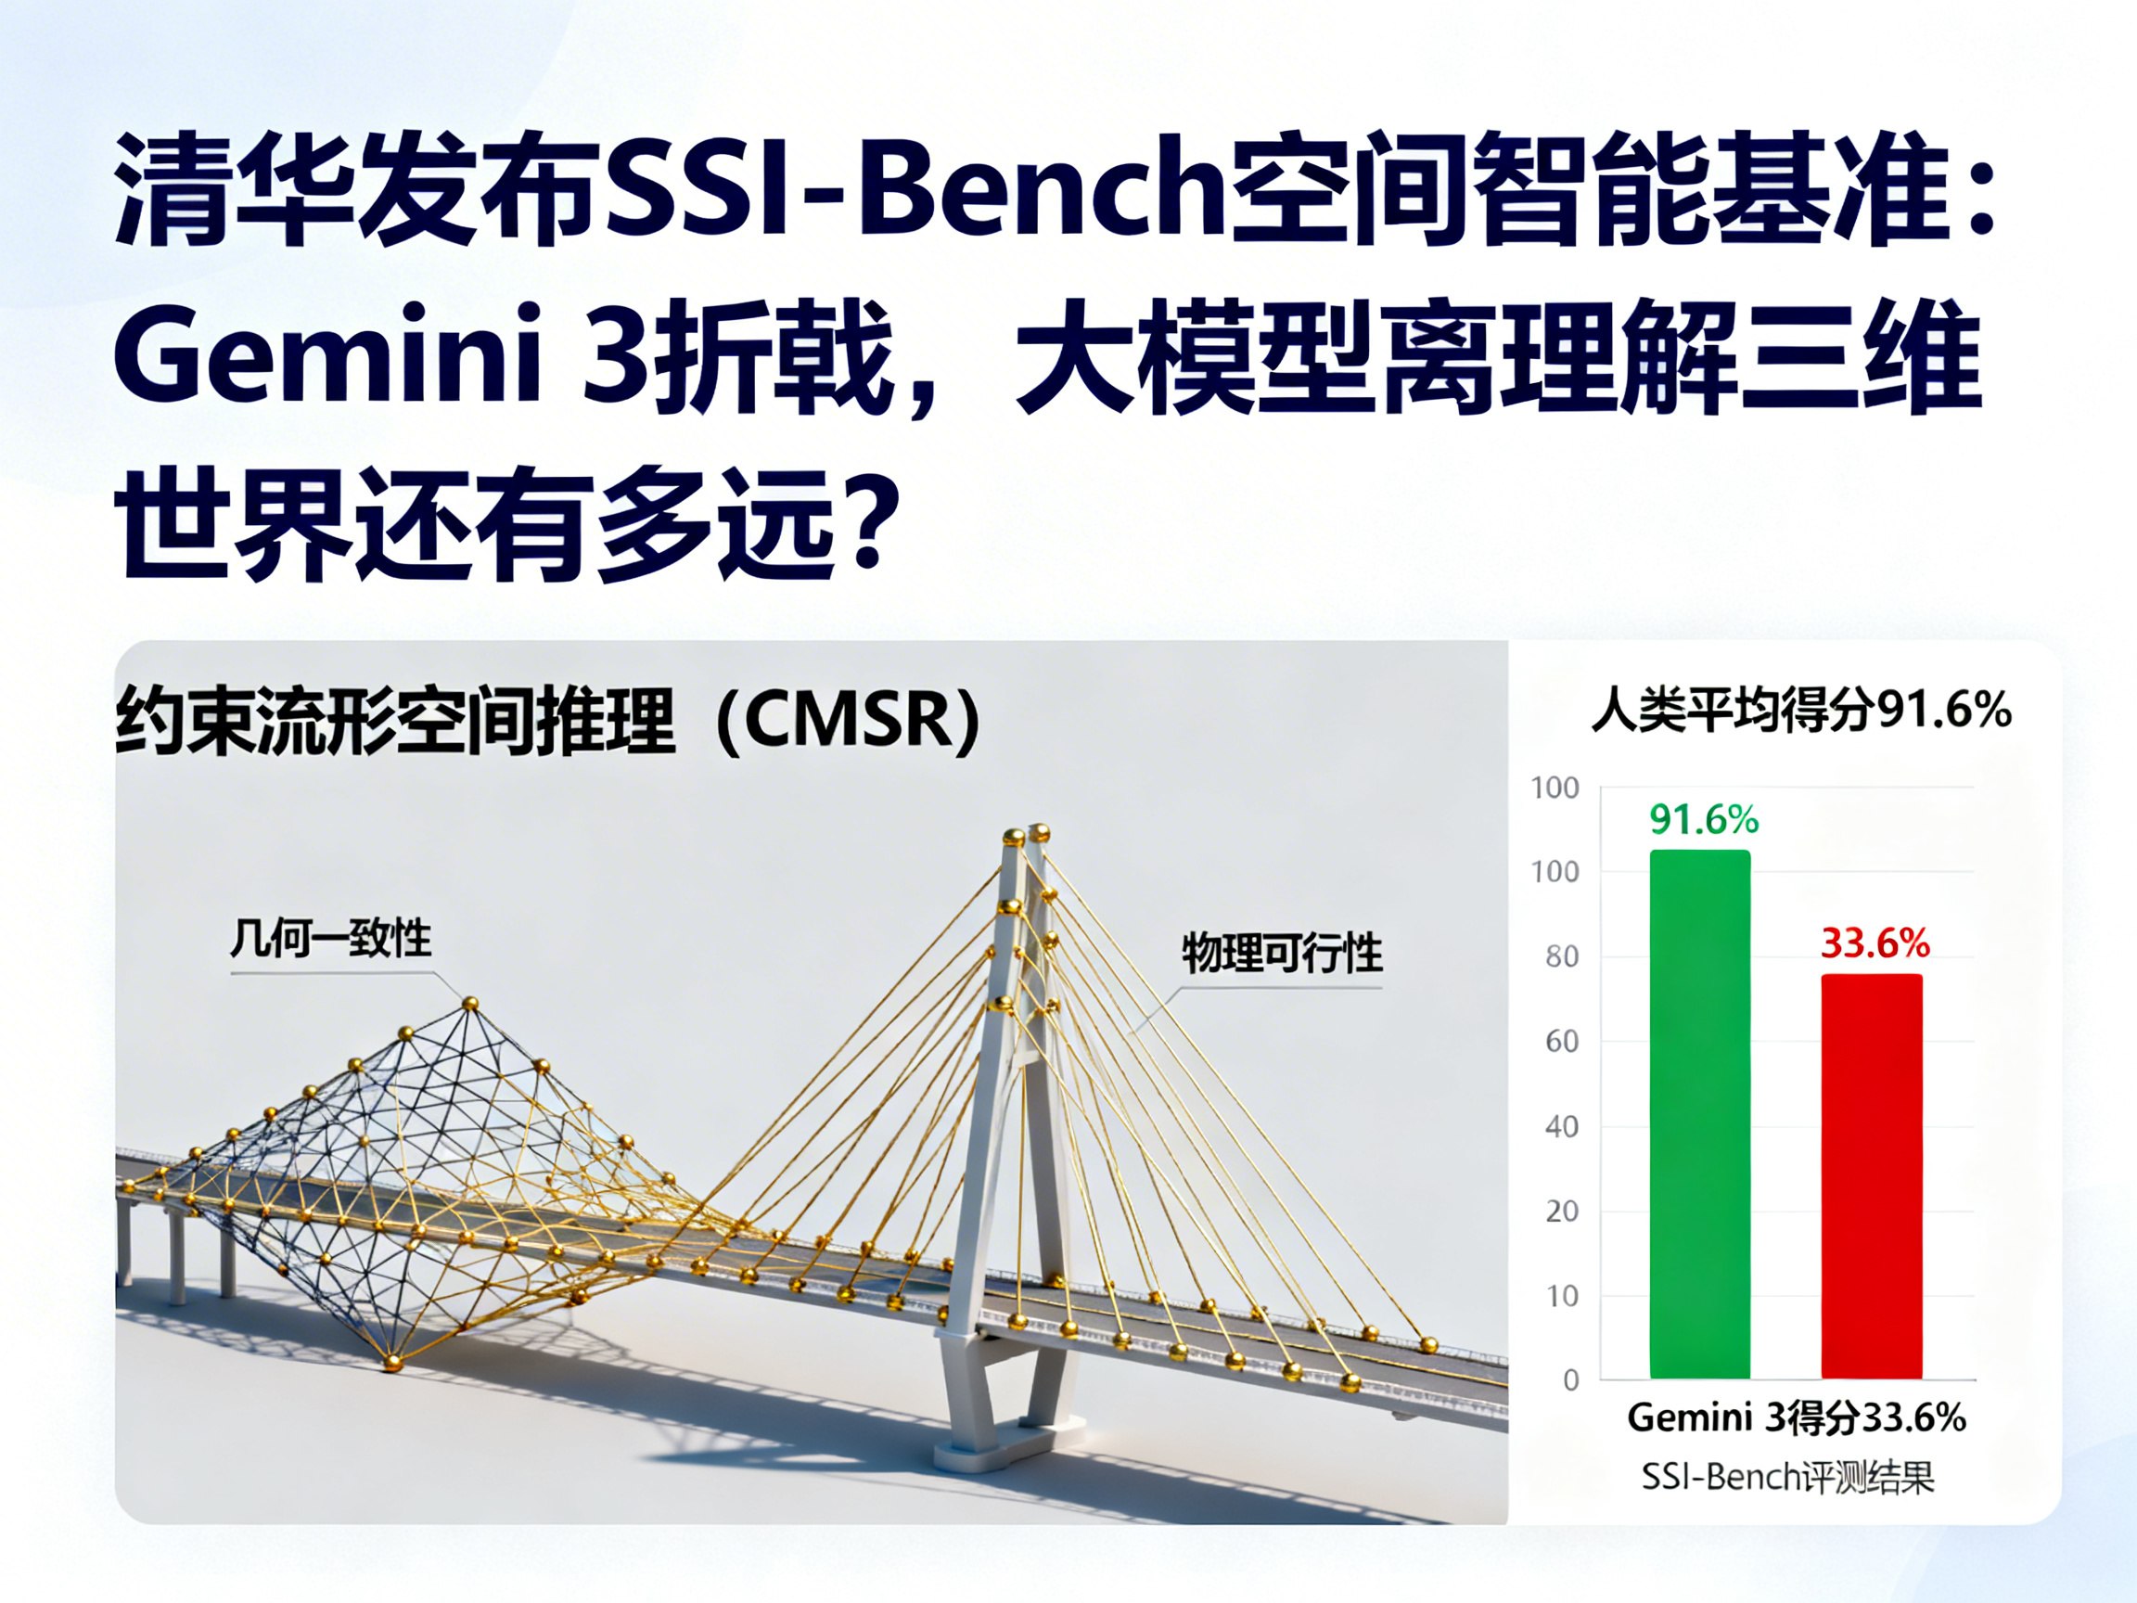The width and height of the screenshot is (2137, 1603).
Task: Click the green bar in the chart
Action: [1699, 1114]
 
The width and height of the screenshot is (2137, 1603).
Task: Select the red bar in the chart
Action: [1872, 1176]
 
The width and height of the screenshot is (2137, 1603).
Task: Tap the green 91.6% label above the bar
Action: [1704, 819]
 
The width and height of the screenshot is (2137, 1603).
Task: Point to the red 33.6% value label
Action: [1875, 943]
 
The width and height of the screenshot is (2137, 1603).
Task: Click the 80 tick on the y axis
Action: [1562, 956]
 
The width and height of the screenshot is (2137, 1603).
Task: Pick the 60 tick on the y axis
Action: [1562, 1041]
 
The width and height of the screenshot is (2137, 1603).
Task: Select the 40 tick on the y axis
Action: [1562, 1125]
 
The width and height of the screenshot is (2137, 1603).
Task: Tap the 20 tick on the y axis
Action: [1562, 1211]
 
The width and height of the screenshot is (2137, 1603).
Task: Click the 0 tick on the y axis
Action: [1571, 1379]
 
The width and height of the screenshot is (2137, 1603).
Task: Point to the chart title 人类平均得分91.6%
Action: [1802, 711]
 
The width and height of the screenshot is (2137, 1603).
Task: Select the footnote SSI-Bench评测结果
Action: [1787, 1478]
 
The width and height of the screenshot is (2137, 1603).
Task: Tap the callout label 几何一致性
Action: [330, 937]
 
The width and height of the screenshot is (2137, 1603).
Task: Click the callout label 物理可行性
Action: [1282, 953]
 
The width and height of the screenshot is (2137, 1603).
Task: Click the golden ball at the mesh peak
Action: [470, 1004]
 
